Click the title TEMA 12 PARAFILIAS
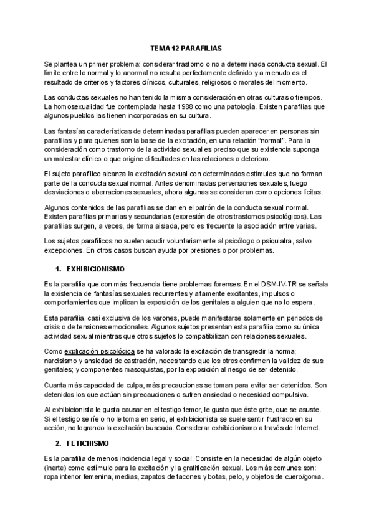pyautogui.click(x=186, y=47)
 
